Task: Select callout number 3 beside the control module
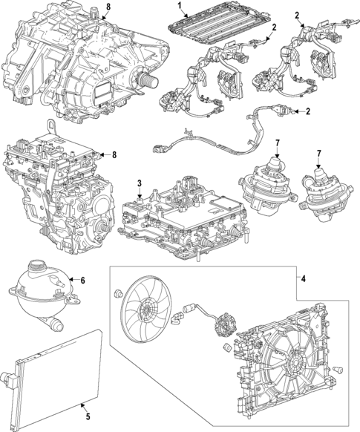coord(140,183)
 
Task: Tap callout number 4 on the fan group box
coord(303,278)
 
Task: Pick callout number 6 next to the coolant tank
coord(83,280)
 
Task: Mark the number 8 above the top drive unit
coord(108,7)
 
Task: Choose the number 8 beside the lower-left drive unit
coord(114,154)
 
